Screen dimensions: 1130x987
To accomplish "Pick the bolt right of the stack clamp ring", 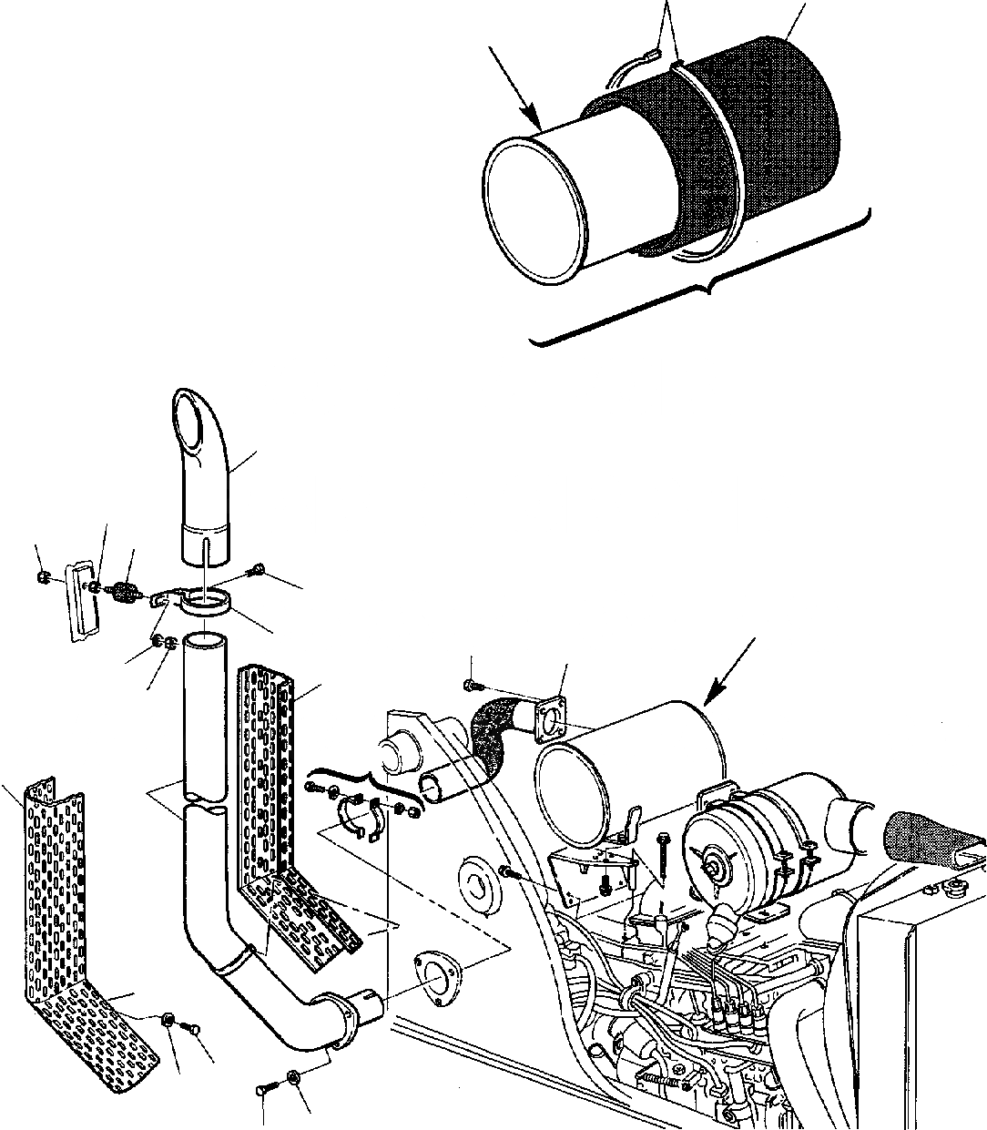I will click(258, 571).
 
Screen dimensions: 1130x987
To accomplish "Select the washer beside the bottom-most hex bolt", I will click(294, 1079).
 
